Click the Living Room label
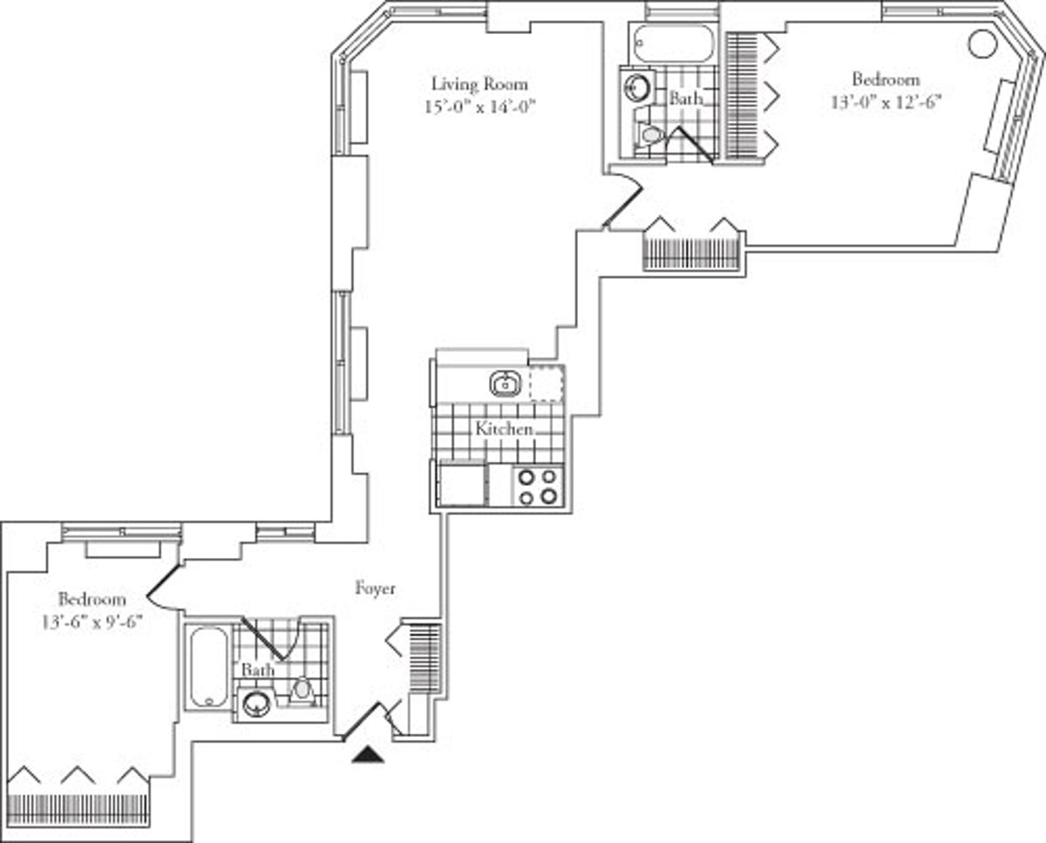(479, 85)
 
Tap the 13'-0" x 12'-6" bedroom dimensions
(886, 101)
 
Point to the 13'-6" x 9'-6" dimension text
(92, 622)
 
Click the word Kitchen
(504, 429)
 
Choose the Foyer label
(375, 588)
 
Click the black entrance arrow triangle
(368, 754)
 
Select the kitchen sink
(504, 384)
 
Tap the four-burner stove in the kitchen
(537, 486)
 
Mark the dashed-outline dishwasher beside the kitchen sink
(547, 384)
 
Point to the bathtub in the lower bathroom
(209, 667)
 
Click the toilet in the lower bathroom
(302, 689)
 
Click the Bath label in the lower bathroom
(258, 670)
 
